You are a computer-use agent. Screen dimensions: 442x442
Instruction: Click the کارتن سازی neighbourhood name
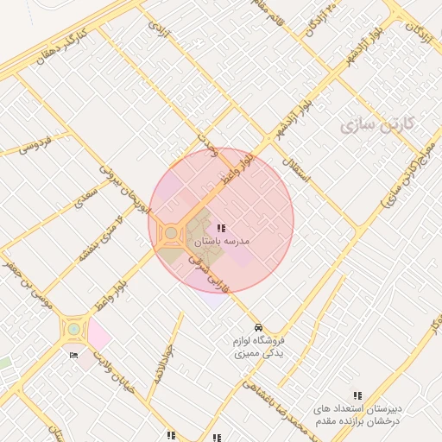[377, 125]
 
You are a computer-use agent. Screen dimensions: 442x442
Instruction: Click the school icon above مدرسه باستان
[221, 228]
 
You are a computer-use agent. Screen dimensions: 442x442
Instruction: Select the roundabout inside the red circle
[171, 233]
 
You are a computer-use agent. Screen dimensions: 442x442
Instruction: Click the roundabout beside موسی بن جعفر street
[74, 328]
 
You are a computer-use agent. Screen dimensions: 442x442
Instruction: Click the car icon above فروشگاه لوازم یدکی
[259, 327]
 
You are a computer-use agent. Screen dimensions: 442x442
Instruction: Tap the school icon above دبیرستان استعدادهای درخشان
[357, 395]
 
